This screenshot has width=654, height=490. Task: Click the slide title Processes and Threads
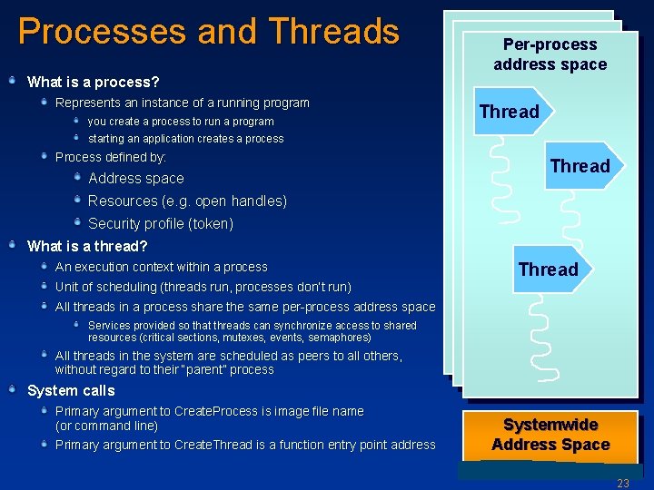(208, 32)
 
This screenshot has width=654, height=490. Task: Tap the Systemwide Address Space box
(550, 435)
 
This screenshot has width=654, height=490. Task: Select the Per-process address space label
(550, 54)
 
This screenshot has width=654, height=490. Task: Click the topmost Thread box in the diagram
(510, 112)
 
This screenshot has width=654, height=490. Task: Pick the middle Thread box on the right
(580, 166)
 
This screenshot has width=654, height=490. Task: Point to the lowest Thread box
(548, 269)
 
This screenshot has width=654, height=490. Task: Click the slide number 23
(622, 484)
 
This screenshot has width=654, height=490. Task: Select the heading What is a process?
(94, 82)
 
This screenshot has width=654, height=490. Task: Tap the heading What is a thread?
(87, 246)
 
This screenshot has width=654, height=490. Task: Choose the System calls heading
(71, 390)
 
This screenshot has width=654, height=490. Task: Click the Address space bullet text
(136, 179)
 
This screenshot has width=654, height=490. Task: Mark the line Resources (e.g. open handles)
(187, 201)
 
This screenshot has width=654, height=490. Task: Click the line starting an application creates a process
(185, 139)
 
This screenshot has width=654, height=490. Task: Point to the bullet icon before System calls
(13, 389)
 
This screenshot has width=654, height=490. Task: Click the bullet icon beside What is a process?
(13, 81)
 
